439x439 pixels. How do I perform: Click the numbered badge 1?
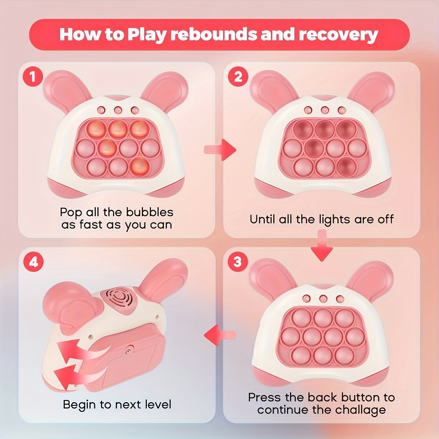[x=33, y=77]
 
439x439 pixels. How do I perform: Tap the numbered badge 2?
[x=238, y=77]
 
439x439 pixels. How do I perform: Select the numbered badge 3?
[x=237, y=262]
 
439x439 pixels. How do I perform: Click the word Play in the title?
[x=147, y=35]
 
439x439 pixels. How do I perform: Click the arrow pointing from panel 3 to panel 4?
[x=220, y=335]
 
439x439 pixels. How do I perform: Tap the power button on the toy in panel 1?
[x=118, y=110]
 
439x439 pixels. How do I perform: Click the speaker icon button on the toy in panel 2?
[x=342, y=110]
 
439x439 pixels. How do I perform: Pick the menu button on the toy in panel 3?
[x=307, y=299]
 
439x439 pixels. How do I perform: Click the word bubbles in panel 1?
[x=150, y=212]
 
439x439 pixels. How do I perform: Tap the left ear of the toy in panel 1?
[x=64, y=88]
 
